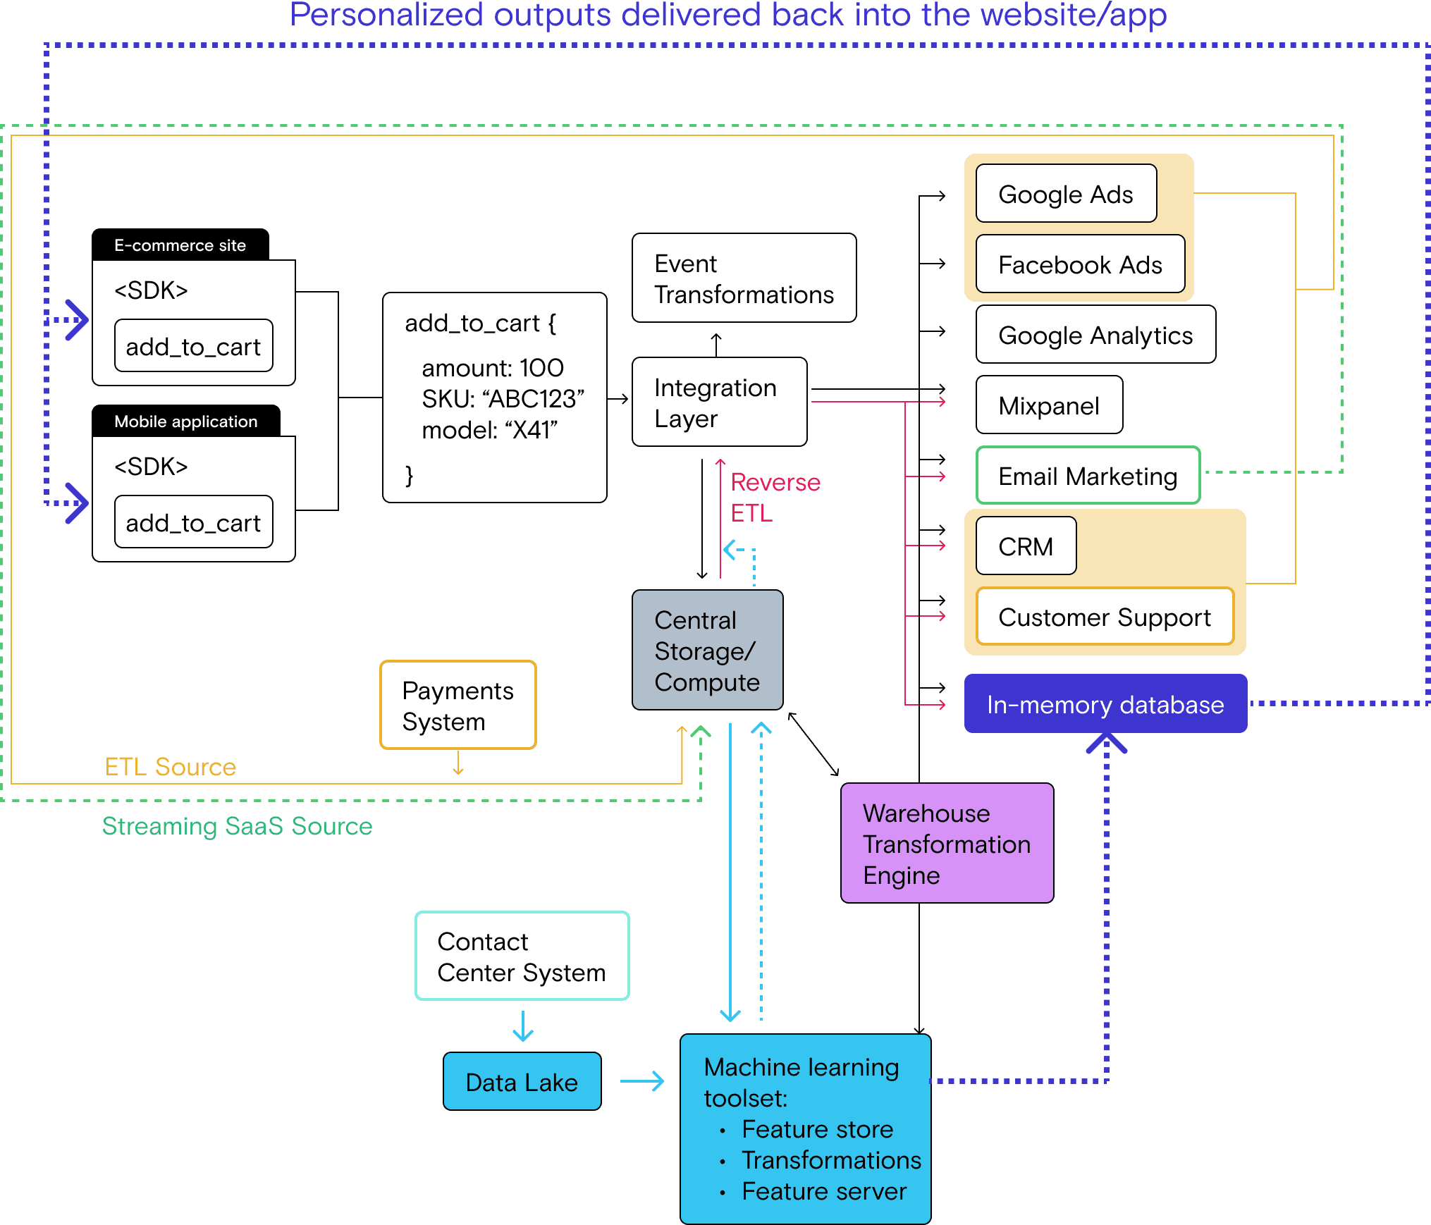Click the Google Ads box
click(x=1066, y=194)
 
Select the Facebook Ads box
click(x=1080, y=264)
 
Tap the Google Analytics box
click(x=1095, y=335)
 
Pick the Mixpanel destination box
click(x=1049, y=405)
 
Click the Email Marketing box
click(x=1088, y=476)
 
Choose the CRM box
click(x=1026, y=546)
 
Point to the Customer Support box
click(x=1105, y=617)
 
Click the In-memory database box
click(x=1105, y=704)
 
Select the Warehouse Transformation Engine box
click(x=947, y=844)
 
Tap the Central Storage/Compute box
click(x=707, y=651)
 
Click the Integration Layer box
click(x=719, y=402)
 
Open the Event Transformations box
click(x=744, y=278)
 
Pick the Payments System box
click(x=457, y=706)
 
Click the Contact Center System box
click(x=522, y=956)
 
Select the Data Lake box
click(x=522, y=1082)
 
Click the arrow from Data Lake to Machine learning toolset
click(x=642, y=1081)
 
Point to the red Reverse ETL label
click(x=775, y=497)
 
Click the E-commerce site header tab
click(x=180, y=245)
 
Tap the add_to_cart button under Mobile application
click(x=193, y=522)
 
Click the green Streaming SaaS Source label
click(x=237, y=825)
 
